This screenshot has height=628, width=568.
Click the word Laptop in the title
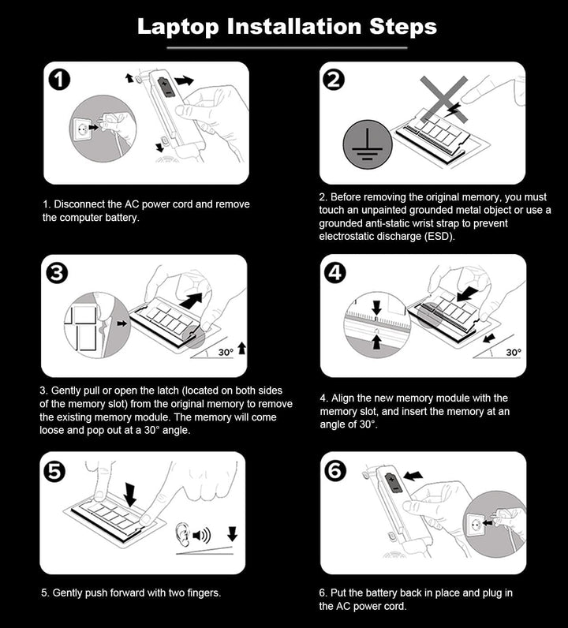coord(178,28)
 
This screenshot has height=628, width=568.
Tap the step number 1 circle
coord(59,80)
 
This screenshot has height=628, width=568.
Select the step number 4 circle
coord(334,273)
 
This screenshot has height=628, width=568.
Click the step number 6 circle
coord(334,470)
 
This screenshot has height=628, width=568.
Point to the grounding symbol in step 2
coord(368,144)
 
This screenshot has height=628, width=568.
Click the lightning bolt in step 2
coord(452,110)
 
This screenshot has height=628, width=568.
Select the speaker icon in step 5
coord(202,535)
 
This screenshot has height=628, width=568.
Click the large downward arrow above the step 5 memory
coord(130,494)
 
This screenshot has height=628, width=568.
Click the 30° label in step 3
coord(226,352)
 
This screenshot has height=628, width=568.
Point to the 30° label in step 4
coord(514,352)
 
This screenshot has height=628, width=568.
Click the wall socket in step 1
coord(82,128)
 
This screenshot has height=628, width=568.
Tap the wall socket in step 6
coord(476,524)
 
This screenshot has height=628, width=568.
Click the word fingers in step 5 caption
coord(204,593)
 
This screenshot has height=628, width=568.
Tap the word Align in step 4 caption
coord(342,398)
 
